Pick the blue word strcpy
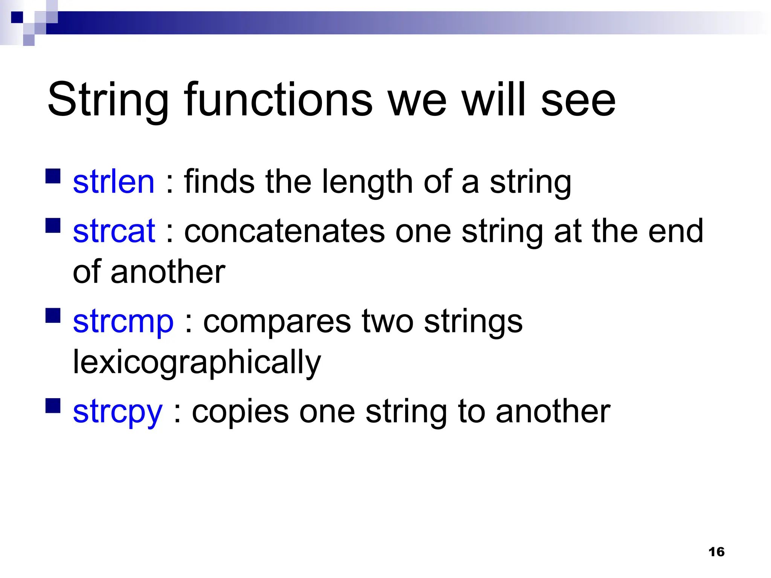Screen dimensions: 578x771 click(117, 412)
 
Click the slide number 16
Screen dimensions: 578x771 click(716, 552)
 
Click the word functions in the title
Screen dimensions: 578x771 click(278, 100)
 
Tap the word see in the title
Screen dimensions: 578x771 click(578, 100)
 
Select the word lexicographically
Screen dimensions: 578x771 click(197, 362)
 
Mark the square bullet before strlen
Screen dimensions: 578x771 click(53, 176)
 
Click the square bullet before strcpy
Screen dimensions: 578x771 click(53, 406)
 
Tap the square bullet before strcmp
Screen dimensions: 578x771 click(53, 316)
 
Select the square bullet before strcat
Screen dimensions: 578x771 click(53, 225)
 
